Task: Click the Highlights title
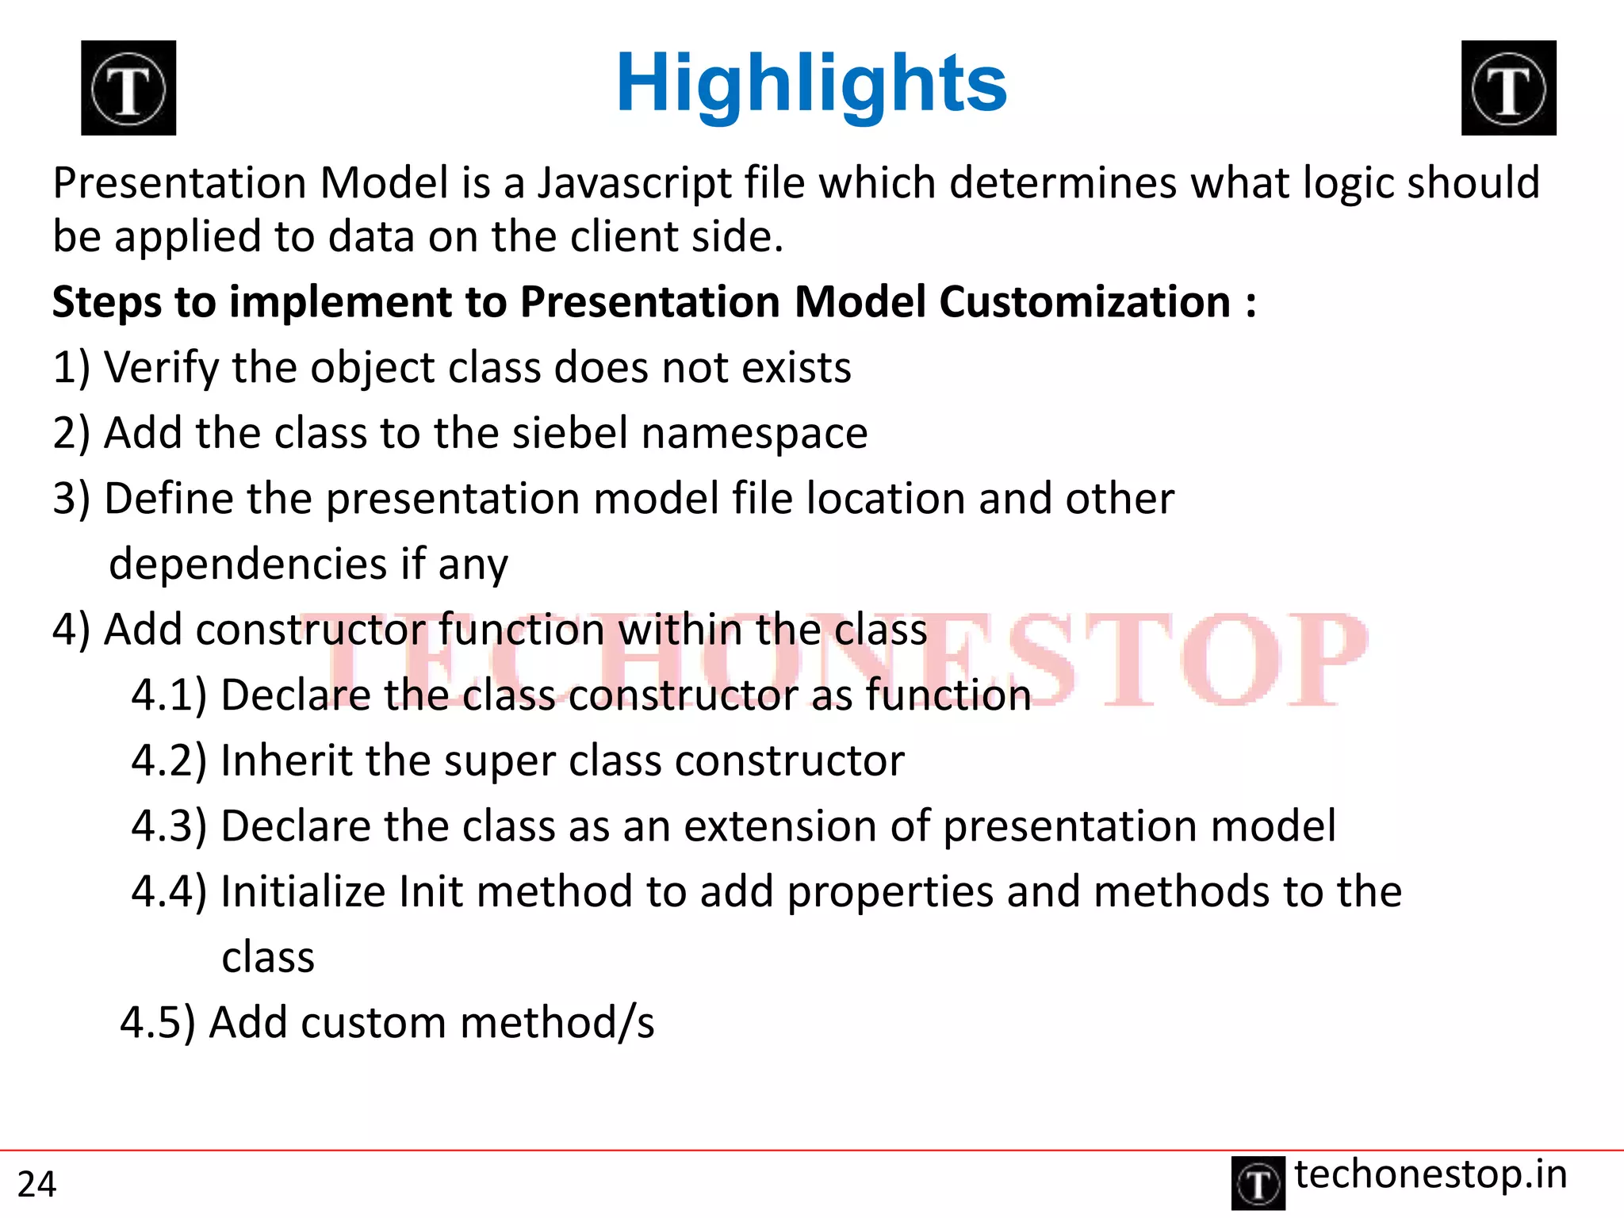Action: click(x=810, y=84)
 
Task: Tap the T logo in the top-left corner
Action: click(x=128, y=88)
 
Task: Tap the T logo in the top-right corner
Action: click(x=1508, y=88)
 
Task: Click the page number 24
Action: click(x=36, y=1185)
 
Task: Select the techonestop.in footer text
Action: click(x=1431, y=1174)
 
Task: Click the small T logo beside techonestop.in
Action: click(x=1258, y=1184)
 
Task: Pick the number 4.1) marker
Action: click(x=168, y=695)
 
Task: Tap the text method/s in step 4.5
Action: click(x=557, y=1023)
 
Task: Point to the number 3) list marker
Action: click(x=71, y=500)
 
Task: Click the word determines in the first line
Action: click(x=1061, y=184)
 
